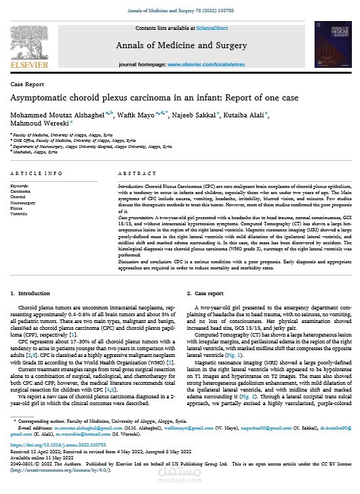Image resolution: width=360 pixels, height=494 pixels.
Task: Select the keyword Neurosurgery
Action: pos(24,202)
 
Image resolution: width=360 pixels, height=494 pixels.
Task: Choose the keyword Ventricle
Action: pos(20,212)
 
